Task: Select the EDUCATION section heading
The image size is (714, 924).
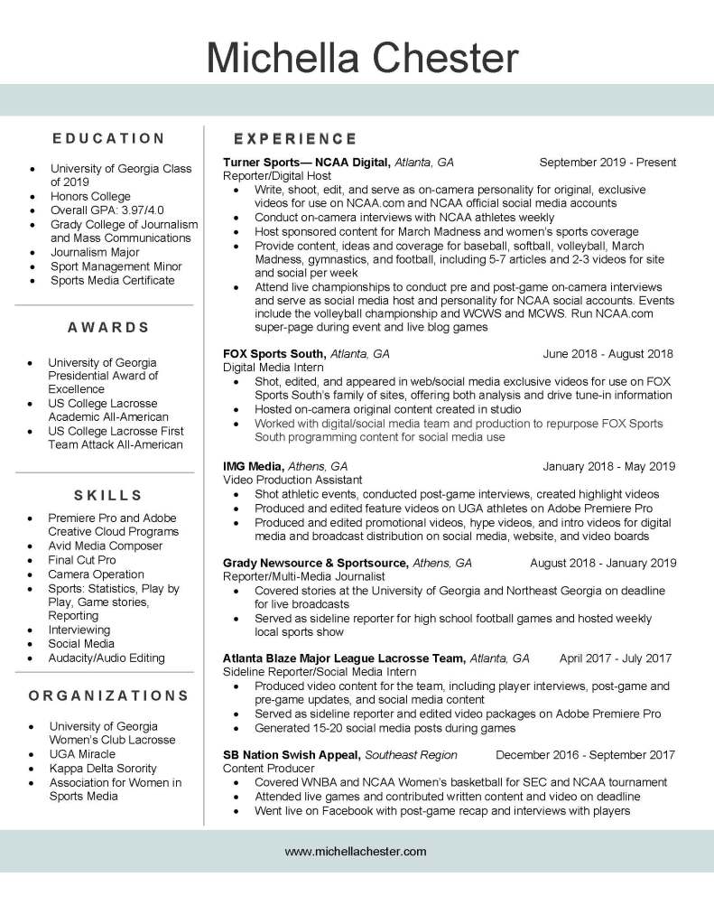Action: pos(108,138)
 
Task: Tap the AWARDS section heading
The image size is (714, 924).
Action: pos(107,327)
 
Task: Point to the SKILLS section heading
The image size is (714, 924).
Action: pos(107,495)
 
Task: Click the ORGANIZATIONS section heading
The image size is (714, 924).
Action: pos(108,696)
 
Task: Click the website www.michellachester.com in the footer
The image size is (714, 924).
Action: pos(356,851)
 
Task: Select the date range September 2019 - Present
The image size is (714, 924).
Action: pos(607,163)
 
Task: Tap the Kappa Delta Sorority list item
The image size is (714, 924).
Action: pos(103,769)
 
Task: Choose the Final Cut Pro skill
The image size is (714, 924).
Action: pos(82,560)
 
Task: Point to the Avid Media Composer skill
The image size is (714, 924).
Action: pos(106,546)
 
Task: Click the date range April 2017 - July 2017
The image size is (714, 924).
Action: pos(616,658)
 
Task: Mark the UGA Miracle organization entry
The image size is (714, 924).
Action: pos(82,754)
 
